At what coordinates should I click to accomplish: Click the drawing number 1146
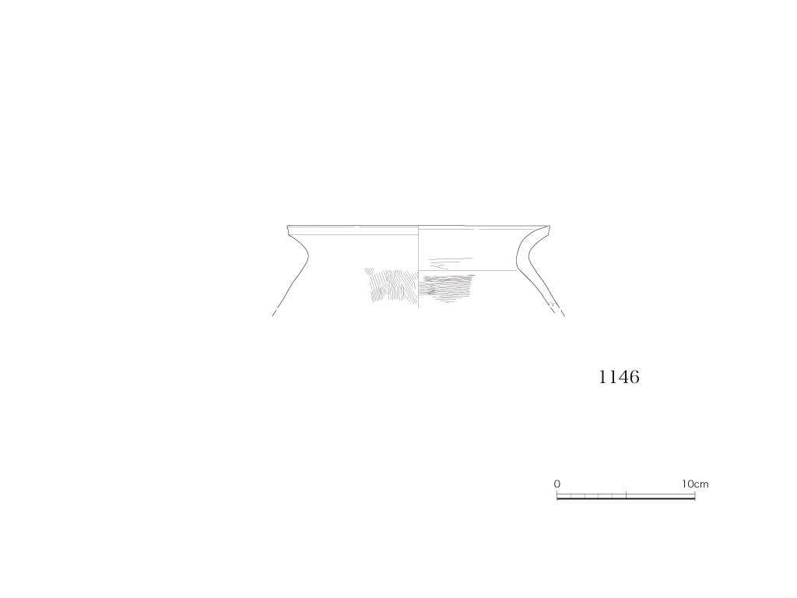pos(619,377)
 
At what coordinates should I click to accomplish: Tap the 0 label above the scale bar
pos(557,484)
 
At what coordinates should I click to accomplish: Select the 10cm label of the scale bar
pos(695,484)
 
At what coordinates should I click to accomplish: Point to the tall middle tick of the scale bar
pos(627,494)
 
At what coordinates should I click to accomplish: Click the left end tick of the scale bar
pos(557,494)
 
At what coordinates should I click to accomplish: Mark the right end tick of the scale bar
pos(695,494)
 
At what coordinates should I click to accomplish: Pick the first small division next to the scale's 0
pos(564,496)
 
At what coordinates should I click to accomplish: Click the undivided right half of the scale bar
pos(661,496)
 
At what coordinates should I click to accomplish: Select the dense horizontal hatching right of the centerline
pos(446,287)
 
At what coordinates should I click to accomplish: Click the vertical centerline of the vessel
pos(418,266)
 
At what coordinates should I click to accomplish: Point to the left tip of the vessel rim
pos(288,227)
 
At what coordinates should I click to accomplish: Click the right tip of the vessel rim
pos(549,227)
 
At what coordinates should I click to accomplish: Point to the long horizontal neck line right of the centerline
pos(468,271)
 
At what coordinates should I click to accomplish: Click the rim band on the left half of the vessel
pos(353,230)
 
